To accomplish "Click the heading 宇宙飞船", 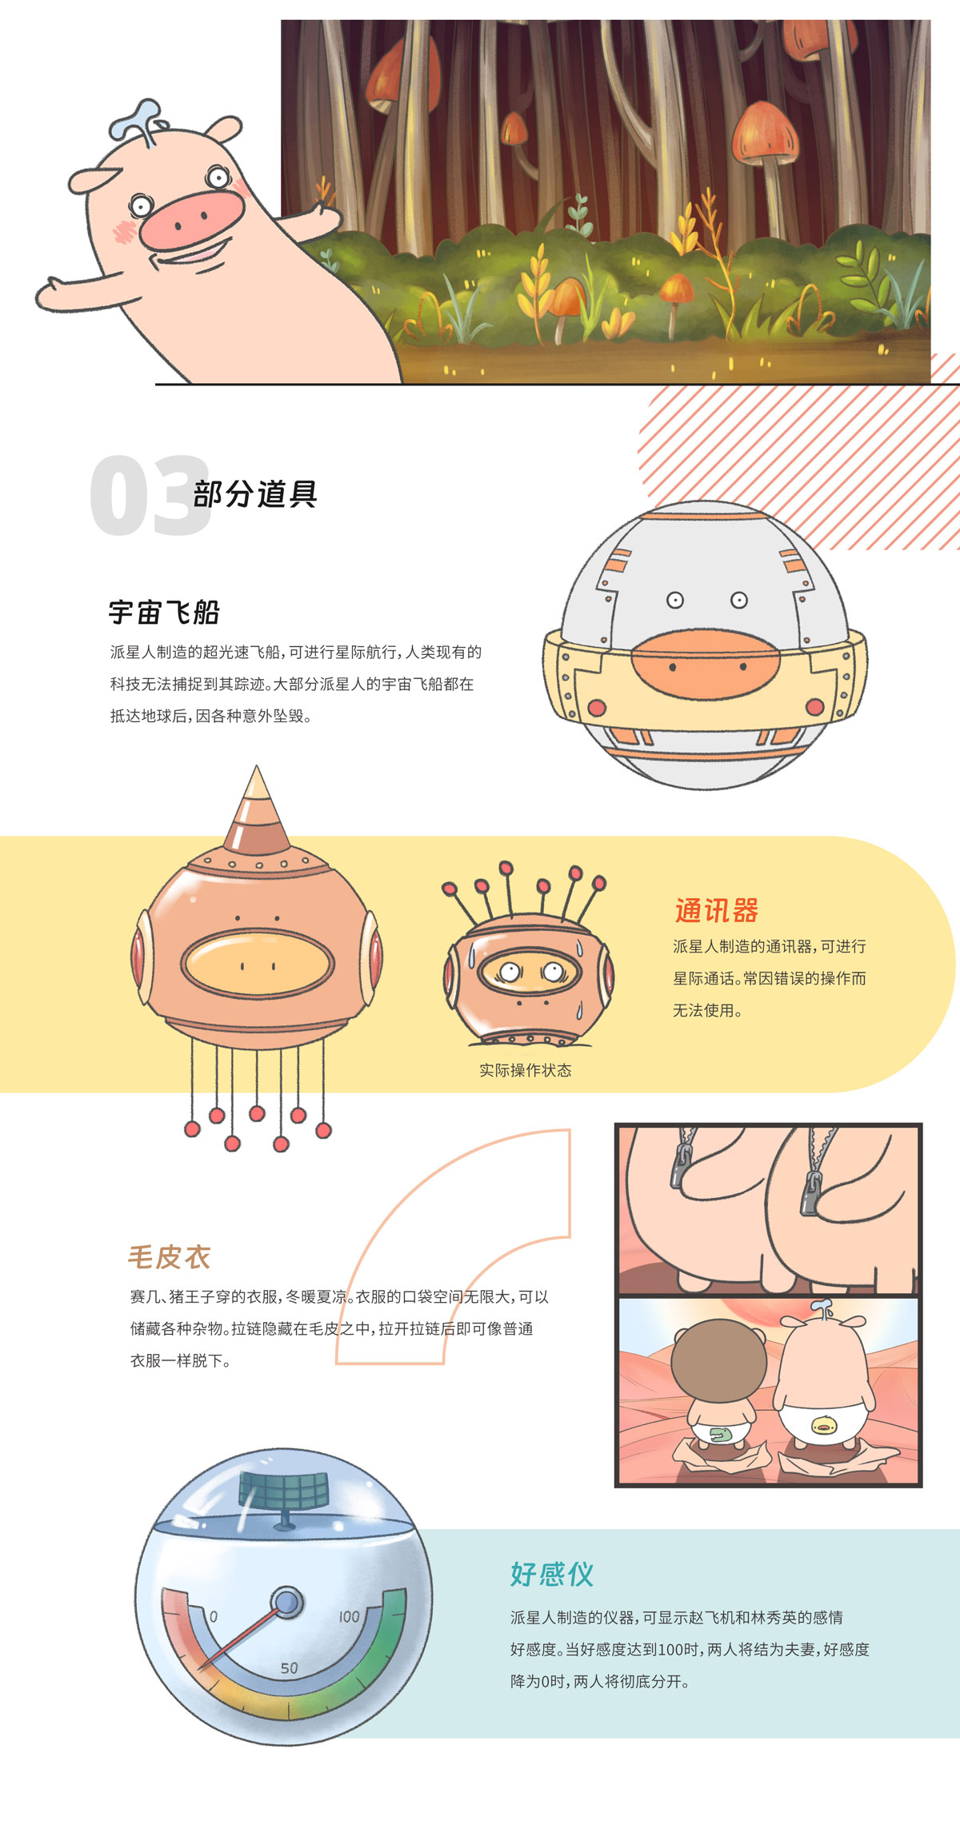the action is [x=164, y=613].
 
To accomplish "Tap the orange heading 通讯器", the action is [x=716, y=910].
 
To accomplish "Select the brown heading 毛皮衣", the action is [x=170, y=1257].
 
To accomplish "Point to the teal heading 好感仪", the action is [x=552, y=1574].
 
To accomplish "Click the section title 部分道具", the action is [x=255, y=493].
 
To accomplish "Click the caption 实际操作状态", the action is [x=526, y=1070].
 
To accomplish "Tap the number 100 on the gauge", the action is [x=349, y=1616].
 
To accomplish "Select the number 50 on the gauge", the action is [x=289, y=1668].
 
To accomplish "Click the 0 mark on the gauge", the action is [x=214, y=1616].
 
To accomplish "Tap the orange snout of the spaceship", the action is [x=705, y=665].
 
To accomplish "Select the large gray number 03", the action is [x=150, y=496].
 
